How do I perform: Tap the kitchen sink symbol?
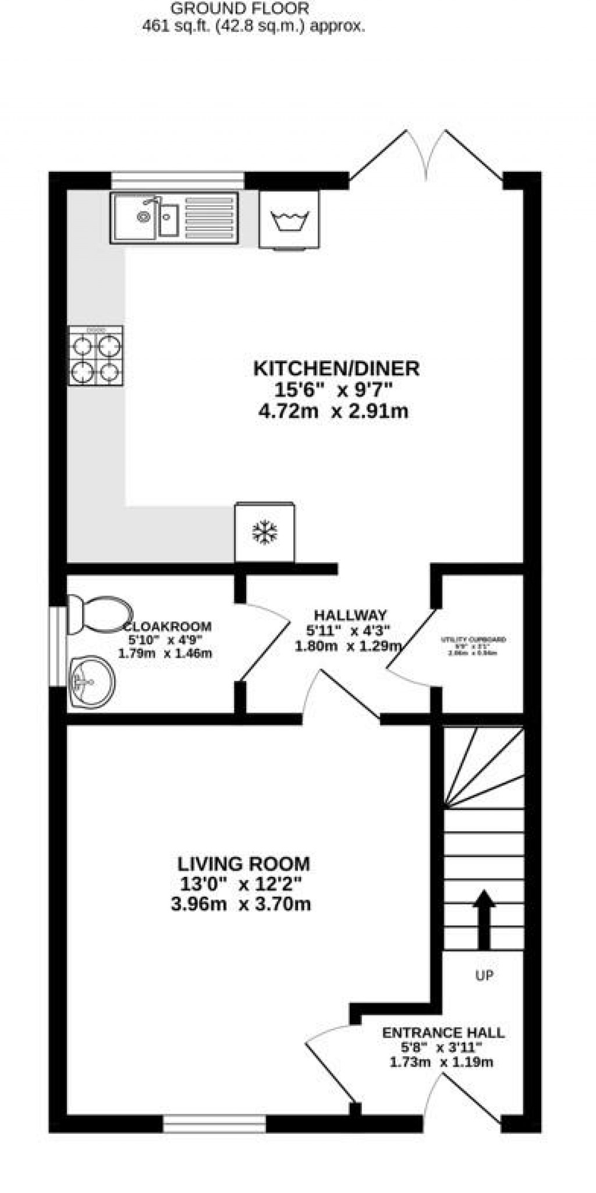point(174,217)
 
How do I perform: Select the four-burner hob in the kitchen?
point(95,356)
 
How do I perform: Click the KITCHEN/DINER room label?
point(336,368)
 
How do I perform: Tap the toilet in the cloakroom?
point(98,614)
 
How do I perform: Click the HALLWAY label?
point(350,615)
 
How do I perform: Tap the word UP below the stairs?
point(484,975)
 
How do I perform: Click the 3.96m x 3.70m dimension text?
point(241,904)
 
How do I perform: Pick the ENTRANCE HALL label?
point(443,1033)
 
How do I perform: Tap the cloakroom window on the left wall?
point(58,646)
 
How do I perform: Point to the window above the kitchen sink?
point(178,180)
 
